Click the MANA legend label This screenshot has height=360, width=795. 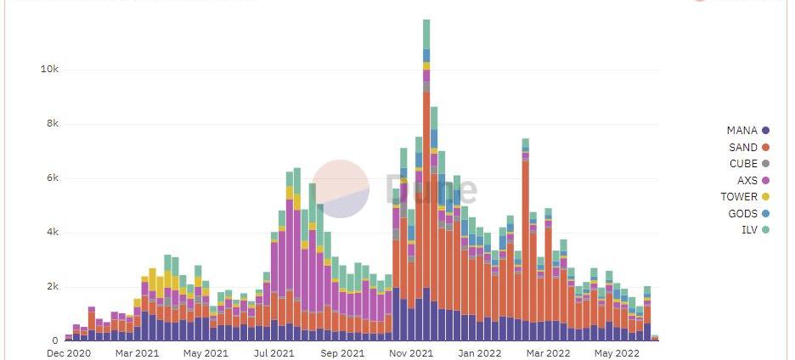[742, 131]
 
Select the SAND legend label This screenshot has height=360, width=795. [742, 148]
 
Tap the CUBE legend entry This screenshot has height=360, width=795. [743, 164]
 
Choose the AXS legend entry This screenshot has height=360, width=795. [747, 181]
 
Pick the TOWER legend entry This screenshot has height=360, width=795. [739, 197]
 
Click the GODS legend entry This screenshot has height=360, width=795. [743, 214]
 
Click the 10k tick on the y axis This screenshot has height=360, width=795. [48, 70]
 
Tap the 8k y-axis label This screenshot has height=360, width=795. [51, 124]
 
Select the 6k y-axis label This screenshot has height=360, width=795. [51, 178]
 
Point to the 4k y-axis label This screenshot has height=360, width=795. [51, 233]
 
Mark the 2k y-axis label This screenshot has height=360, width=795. [51, 287]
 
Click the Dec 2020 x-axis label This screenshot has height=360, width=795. [69, 353]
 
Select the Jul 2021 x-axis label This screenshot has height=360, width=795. [273, 353]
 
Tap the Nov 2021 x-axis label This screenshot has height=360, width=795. [410, 353]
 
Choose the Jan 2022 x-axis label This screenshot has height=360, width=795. [480, 353]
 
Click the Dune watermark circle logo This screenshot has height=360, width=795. [341, 188]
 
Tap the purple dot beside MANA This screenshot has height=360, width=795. [766, 131]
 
